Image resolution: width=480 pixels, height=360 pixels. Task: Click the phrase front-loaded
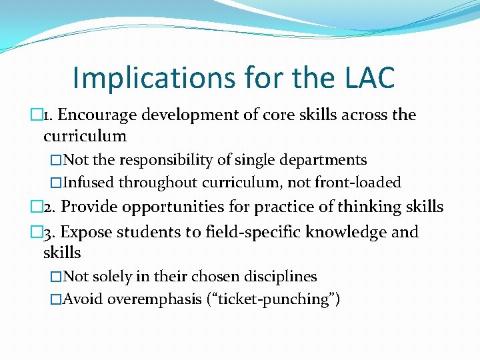point(361,182)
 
